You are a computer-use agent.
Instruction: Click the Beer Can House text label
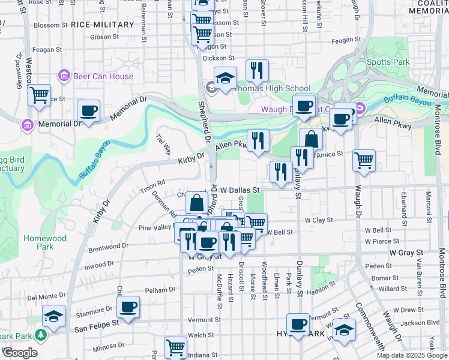[103, 76]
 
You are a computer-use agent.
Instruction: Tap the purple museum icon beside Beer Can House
[64, 76]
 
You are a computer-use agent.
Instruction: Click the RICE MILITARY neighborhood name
[102, 25]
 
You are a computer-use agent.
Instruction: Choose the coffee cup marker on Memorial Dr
[88, 111]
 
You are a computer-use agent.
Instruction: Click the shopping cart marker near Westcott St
[40, 94]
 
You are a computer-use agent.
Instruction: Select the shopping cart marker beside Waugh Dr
[364, 160]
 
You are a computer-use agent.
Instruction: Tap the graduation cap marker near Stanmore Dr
[54, 316]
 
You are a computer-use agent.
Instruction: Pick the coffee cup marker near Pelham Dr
[128, 307]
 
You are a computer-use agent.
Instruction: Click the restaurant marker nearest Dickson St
[256, 70]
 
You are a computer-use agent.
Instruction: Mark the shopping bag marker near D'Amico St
[311, 139]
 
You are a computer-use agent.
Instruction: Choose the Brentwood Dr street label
[108, 246]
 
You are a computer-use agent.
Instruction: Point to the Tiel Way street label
[164, 144]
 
